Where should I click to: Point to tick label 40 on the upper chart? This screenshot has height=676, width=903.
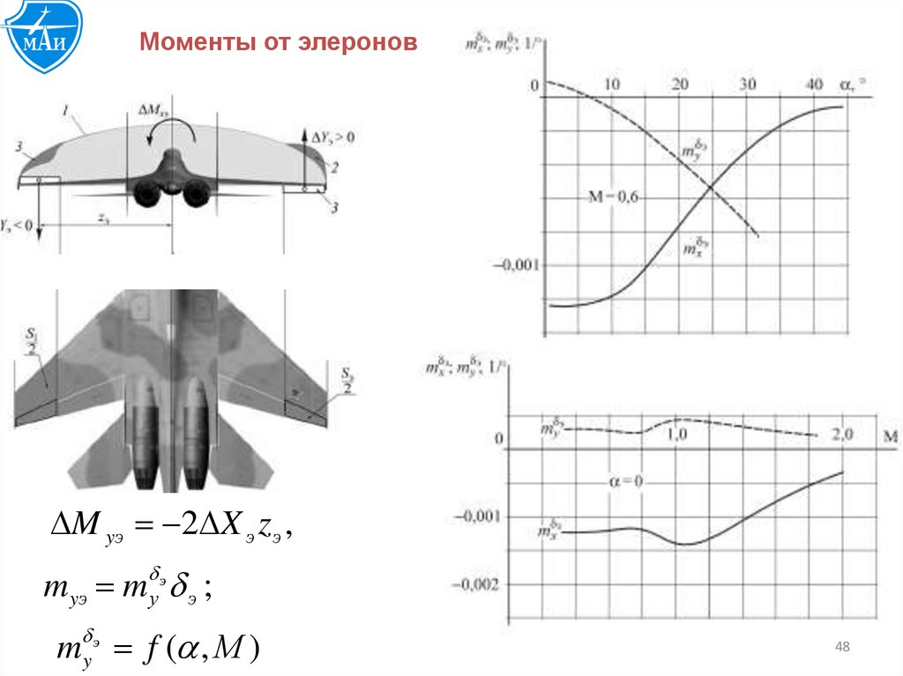[x=815, y=85]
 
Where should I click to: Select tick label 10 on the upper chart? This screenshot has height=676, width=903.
[x=611, y=85]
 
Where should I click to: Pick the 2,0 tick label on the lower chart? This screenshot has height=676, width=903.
[x=841, y=435]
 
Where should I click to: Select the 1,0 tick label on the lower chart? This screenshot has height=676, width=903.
[x=677, y=435]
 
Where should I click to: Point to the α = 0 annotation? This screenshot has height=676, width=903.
[x=626, y=481]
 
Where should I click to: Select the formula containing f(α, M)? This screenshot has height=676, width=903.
[x=154, y=650]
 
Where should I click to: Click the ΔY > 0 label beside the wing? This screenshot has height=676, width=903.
[x=333, y=137]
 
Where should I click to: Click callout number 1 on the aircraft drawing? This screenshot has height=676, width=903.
[x=66, y=111]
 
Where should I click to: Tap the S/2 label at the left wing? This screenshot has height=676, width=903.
[x=34, y=341]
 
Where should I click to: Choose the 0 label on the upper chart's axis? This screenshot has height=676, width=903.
[x=534, y=85]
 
